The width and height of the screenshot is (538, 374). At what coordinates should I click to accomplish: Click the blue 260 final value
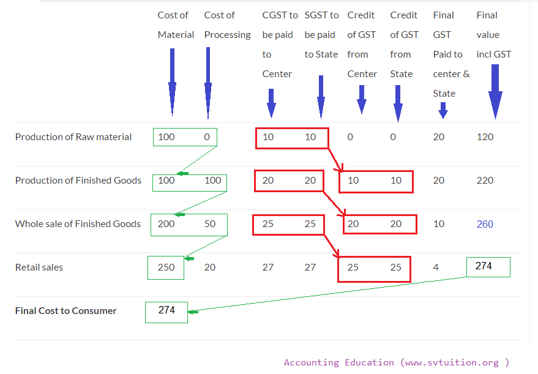click(485, 224)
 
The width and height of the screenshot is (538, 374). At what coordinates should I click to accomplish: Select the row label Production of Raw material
click(73, 137)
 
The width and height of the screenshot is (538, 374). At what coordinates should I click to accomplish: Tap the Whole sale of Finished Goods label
click(78, 223)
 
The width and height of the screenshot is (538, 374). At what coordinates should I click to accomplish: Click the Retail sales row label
click(39, 267)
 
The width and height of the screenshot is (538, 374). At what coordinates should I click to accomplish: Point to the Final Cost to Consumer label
click(65, 310)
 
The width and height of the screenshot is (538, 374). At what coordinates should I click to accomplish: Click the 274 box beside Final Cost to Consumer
click(166, 310)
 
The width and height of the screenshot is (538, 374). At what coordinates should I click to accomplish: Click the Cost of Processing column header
click(227, 25)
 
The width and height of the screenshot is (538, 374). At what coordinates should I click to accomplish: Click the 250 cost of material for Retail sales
click(166, 267)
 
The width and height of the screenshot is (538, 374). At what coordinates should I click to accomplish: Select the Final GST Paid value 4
click(436, 267)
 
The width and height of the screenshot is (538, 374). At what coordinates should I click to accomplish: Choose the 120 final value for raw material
click(485, 137)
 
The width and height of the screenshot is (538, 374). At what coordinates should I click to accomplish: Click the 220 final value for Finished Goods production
click(485, 180)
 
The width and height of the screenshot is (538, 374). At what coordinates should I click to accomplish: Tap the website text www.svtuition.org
click(452, 362)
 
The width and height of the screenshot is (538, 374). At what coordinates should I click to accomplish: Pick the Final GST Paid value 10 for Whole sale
click(439, 223)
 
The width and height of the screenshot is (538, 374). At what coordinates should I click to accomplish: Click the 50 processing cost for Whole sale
click(210, 223)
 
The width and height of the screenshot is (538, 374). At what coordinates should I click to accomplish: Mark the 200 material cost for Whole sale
click(166, 223)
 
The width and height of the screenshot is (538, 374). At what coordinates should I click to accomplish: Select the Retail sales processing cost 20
click(210, 267)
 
